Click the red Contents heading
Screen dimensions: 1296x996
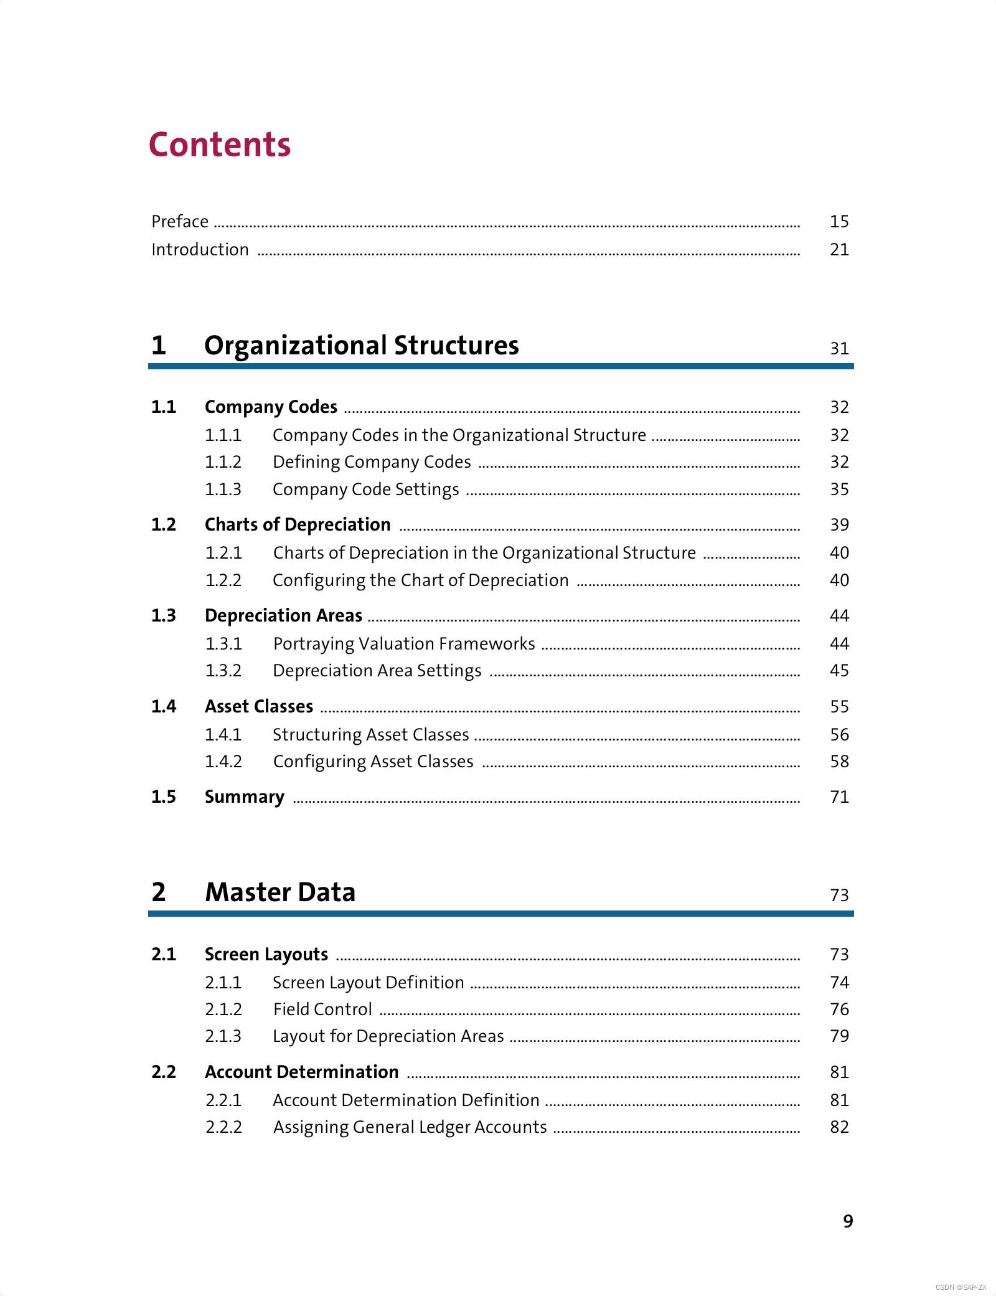(x=219, y=145)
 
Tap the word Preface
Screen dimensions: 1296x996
(x=180, y=222)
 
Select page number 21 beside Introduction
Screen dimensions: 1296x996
(x=839, y=250)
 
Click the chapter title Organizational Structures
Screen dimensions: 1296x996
(x=361, y=346)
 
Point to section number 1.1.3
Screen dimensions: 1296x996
(x=223, y=490)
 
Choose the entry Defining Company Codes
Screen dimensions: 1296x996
(x=372, y=462)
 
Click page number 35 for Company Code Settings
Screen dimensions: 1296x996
(x=839, y=490)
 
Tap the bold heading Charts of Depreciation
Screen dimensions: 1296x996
(x=298, y=525)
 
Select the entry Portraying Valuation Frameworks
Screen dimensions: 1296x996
(x=404, y=644)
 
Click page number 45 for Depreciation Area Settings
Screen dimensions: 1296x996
(x=839, y=671)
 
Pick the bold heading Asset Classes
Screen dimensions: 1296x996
(x=259, y=707)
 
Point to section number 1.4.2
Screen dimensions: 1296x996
(x=223, y=762)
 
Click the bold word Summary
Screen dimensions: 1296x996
(x=245, y=797)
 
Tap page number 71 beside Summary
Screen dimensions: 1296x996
(x=839, y=797)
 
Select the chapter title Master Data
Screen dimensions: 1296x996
(x=280, y=892)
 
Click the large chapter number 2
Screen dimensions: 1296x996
(x=159, y=892)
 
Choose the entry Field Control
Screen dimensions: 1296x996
(x=322, y=1010)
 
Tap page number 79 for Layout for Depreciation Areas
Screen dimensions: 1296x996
(x=839, y=1036)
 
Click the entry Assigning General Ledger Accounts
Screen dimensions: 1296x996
(x=410, y=1127)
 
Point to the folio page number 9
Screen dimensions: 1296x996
(x=848, y=1221)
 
